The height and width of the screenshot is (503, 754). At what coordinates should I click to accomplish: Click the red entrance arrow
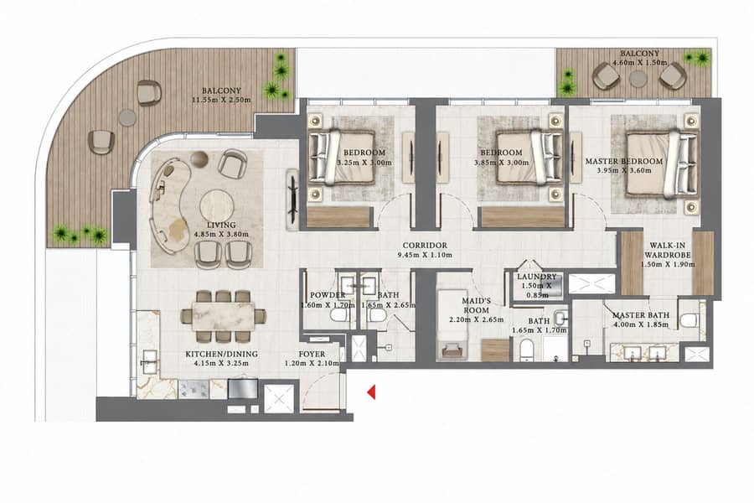tap(371, 392)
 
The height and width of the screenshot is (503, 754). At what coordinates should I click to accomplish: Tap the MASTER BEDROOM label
tap(623, 161)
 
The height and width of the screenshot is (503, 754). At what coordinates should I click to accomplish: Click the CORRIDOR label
tap(425, 246)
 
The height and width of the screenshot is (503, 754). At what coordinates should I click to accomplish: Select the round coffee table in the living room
tap(217, 207)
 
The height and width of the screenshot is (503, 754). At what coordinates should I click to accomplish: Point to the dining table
tap(224, 316)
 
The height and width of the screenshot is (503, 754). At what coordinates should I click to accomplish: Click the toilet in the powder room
tap(339, 316)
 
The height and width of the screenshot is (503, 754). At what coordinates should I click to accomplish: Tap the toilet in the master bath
tap(689, 320)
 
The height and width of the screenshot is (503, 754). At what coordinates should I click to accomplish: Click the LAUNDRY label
tap(537, 277)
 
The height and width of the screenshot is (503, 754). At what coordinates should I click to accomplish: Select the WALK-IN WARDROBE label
tap(668, 251)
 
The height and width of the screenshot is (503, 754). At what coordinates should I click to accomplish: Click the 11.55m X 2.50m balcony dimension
tap(221, 100)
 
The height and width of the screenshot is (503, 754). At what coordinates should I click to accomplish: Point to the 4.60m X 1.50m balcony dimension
tap(639, 63)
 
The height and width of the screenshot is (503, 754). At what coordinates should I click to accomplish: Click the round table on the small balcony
tap(638, 79)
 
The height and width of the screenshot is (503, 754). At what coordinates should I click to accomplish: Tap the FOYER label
tap(312, 354)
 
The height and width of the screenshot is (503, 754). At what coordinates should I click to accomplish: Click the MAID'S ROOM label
tap(476, 306)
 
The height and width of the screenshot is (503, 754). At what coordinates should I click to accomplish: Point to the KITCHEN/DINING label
tap(222, 354)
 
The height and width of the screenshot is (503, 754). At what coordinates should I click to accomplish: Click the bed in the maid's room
tap(452, 324)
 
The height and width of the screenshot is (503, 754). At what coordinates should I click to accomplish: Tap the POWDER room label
tap(328, 295)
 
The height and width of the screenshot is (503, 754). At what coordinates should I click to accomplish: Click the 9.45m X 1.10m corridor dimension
tap(425, 255)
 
